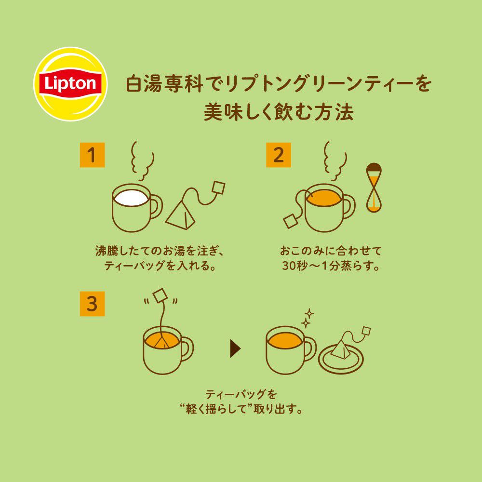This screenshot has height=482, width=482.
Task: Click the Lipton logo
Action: tap(70, 84)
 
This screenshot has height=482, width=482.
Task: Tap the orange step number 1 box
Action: tap(92, 155)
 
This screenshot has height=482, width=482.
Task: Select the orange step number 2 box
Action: tap(279, 155)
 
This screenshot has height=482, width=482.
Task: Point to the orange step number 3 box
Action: tap(92, 304)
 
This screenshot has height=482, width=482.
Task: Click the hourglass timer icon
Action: tap(374, 187)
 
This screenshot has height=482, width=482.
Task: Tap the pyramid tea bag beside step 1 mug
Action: tap(181, 215)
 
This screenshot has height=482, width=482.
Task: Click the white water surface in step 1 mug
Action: tap(131, 198)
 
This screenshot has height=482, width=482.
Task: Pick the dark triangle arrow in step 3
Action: tap(235, 349)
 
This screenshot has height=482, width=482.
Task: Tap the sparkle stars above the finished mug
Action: tap(307, 319)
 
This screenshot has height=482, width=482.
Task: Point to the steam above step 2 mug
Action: tap(335, 161)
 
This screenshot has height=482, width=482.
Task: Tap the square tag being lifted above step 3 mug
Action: tap(161, 296)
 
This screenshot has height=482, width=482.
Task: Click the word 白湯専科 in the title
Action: tap(164, 84)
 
